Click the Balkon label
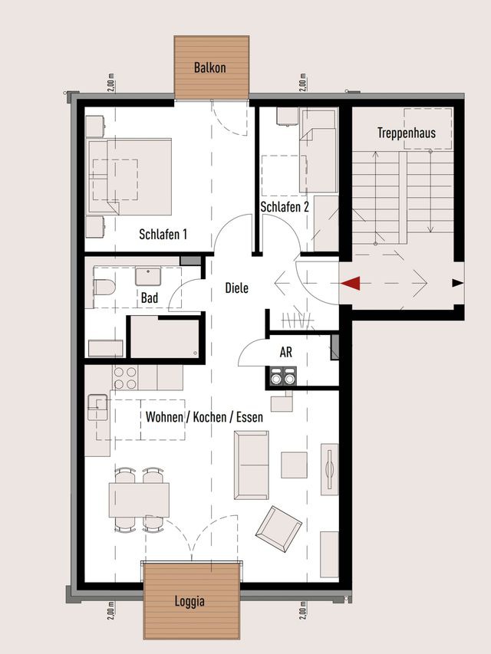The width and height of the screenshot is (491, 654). [209, 67]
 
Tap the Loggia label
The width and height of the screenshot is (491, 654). [189, 601]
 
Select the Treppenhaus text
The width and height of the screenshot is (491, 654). [407, 133]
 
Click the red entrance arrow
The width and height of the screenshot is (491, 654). [350, 283]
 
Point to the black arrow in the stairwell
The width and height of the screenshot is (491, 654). [458, 283]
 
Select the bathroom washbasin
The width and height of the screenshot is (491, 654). [148, 276]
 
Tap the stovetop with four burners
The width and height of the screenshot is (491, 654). [125, 377]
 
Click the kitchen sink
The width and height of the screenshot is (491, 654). [97, 407]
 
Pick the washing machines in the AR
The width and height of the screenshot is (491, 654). [282, 376]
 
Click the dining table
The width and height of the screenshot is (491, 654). [139, 500]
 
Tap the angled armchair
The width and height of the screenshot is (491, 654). [278, 529]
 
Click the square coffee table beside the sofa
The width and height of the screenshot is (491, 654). [294, 465]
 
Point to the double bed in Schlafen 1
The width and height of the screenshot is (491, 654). [130, 176]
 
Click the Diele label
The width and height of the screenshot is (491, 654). [237, 288]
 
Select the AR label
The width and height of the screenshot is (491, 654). [286, 353]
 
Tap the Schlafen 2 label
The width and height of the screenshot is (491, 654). [285, 207]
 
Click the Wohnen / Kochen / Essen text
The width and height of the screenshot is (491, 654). [204, 416]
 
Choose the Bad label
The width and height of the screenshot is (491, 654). [150, 297]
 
